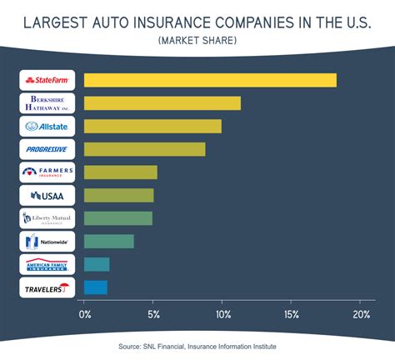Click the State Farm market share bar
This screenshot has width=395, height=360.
tap(210, 80)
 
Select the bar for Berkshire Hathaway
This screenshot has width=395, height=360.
tap(162, 103)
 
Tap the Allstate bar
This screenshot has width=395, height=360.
tap(152, 127)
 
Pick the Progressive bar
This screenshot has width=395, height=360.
tap(144, 149)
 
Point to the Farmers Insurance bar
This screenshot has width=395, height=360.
tap(120, 172)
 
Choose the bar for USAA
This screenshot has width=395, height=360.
tap(118, 195)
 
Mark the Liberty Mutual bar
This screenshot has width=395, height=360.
tap(117, 218)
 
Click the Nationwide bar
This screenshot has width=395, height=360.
tap(108, 242)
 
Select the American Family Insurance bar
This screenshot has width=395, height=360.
tap(97, 264)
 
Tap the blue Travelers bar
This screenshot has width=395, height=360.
tap(95, 287)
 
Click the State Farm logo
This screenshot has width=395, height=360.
tap(47, 80)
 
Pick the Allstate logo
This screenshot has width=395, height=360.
tap(47, 127)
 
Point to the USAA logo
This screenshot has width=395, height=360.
tap(47, 195)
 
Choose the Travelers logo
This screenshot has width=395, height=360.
tap(47, 287)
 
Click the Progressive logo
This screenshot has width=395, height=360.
tap(47, 149)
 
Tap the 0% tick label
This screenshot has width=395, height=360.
tap(84, 315)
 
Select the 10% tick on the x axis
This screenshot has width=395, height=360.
tap(222, 315)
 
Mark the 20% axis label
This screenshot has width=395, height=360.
tap(361, 315)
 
